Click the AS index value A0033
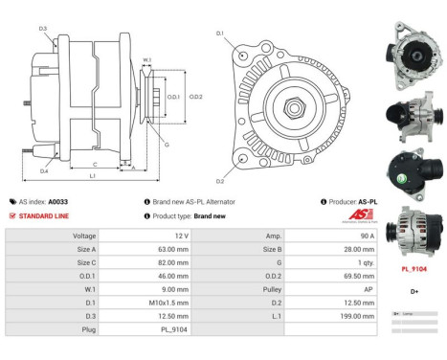58,202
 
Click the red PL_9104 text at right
414,270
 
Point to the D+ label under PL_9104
414,290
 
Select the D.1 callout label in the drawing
219,34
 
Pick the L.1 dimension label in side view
92,176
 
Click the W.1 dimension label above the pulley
146,61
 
